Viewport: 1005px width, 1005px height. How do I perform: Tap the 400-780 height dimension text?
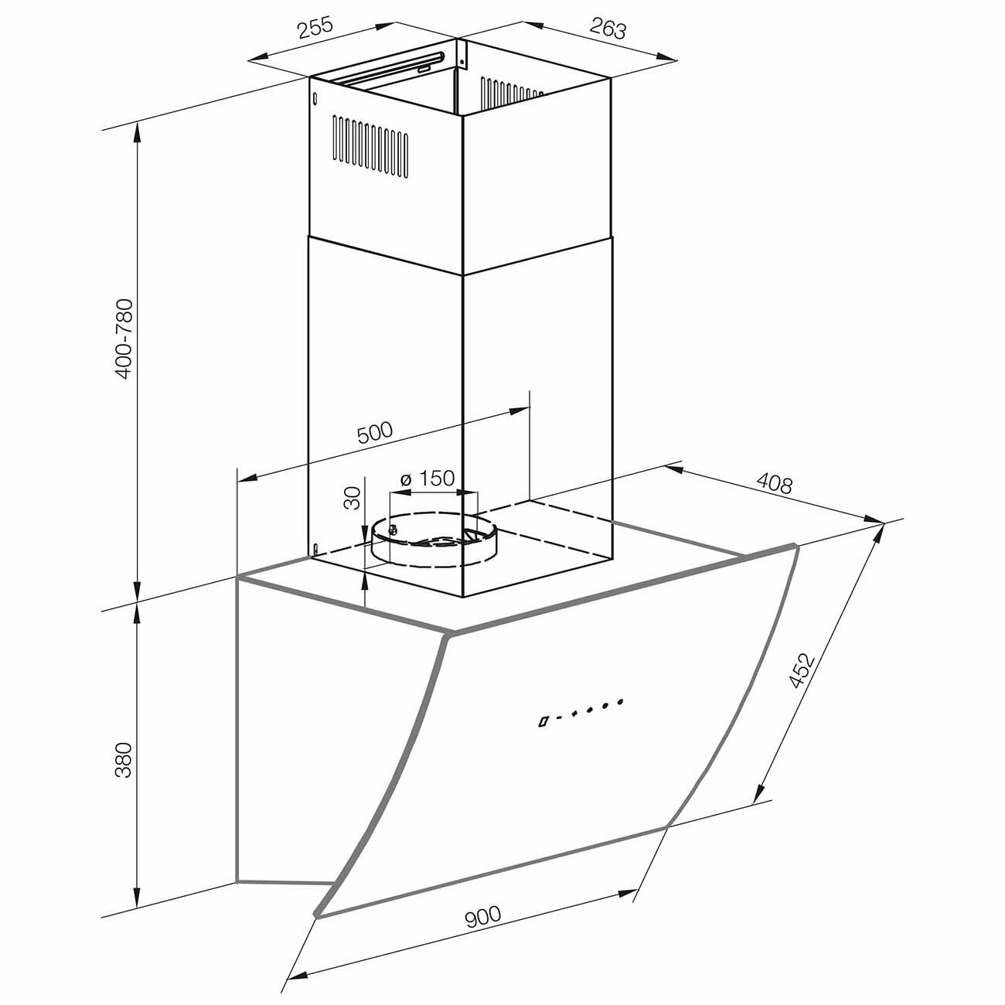point(124,339)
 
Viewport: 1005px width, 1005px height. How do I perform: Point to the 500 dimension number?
point(374,432)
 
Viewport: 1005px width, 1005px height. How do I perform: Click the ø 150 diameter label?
point(428,479)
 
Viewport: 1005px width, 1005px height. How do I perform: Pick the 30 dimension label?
point(353,498)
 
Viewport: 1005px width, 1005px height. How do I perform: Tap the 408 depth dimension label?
point(774,483)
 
